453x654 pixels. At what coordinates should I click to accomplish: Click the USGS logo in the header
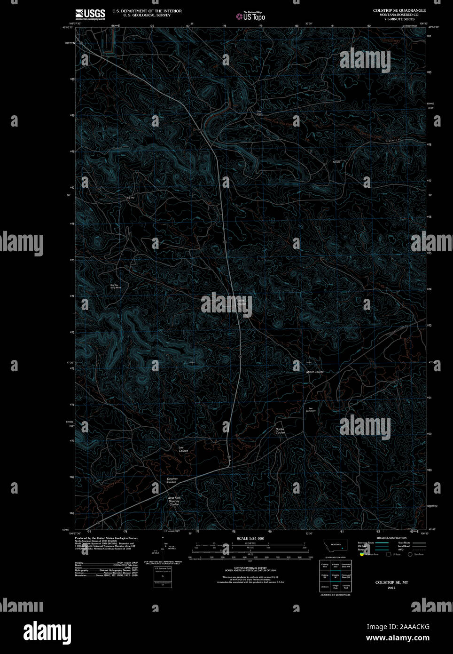[90, 13]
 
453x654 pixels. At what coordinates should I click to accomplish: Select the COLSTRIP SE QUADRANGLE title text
[399, 10]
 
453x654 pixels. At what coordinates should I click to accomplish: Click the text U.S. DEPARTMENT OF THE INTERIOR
[147, 11]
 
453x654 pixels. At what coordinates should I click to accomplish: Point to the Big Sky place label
[130, 198]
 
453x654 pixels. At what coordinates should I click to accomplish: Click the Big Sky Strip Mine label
[116, 286]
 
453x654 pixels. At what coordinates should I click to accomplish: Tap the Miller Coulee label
[315, 372]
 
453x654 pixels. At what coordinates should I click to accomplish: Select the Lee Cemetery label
[311, 409]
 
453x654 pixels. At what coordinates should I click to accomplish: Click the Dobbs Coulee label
[280, 431]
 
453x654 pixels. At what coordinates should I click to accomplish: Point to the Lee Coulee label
[183, 449]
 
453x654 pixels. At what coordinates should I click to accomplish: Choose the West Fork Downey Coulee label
[174, 501]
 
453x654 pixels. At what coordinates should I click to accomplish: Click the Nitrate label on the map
[336, 162]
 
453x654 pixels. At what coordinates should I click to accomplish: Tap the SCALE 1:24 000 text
[250, 538]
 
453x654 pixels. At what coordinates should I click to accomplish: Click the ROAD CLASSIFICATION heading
[391, 538]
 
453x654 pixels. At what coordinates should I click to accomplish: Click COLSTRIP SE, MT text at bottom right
[391, 582]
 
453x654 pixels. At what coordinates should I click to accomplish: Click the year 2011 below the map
[391, 588]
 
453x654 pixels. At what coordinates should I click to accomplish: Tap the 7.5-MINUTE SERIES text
[399, 19]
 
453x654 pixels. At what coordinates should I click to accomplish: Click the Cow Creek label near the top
[259, 112]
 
